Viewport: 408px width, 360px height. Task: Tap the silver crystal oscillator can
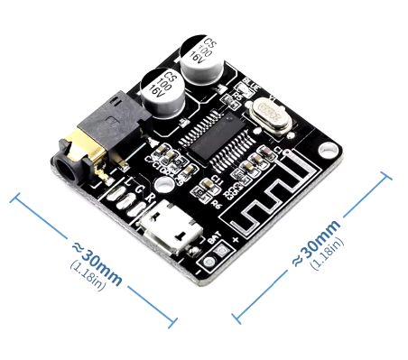pos(269,112)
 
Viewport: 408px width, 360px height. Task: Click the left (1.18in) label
pos(87,272)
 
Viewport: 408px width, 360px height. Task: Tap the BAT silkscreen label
pos(214,239)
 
